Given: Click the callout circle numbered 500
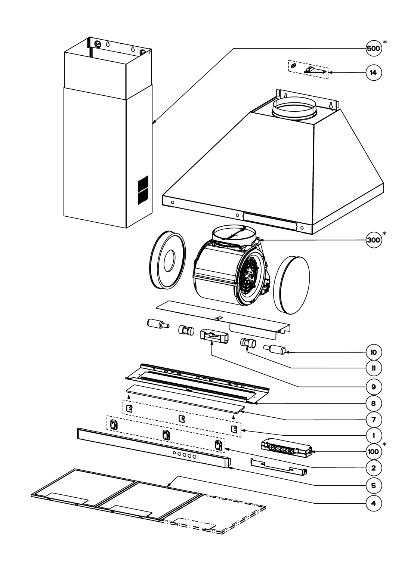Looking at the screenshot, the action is tap(373, 49).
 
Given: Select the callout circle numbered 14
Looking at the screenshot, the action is tap(373, 72).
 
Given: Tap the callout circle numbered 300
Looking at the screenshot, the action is tap(373, 240).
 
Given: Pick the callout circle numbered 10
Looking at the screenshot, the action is tap(373, 352).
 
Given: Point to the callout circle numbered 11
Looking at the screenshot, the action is tap(373, 368).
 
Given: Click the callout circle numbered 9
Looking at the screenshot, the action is tap(373, 387).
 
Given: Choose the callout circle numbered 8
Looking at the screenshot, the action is tap(373, 404).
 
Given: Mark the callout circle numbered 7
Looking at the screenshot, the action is tap(373, 420).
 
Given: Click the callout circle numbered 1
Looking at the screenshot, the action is tap(373, 436).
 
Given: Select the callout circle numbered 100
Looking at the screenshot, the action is tap(373, 452).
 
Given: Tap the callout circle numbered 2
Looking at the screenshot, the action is tap(373, 468).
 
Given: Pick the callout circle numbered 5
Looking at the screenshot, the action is tap(373, 486).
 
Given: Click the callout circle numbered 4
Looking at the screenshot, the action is tap(373, 503).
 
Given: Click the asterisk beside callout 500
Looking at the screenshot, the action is tap(385, 42).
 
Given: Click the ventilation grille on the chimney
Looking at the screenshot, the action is tap(143, 189).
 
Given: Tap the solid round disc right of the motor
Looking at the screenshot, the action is tap(292, 285).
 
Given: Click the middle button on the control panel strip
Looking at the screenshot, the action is tap(184, 454).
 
